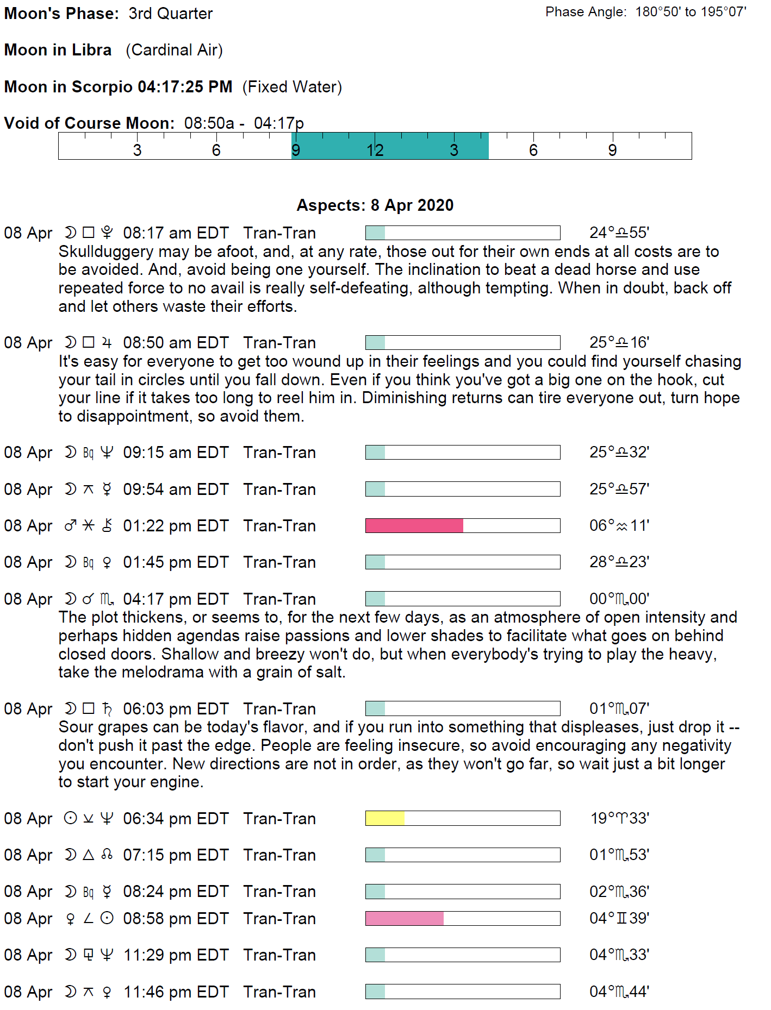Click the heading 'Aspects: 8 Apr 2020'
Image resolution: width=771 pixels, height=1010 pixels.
coord(375,205)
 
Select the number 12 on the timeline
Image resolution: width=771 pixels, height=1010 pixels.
coord(375,150)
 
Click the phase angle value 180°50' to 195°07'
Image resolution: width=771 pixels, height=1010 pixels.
coord(691,12)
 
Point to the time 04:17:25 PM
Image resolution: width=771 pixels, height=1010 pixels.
coord(185,87)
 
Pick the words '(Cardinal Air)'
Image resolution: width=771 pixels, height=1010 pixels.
coord(174,50)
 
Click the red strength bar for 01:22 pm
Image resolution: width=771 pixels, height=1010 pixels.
coord(414,525)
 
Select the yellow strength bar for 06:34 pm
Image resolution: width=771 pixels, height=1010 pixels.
coord(385,818)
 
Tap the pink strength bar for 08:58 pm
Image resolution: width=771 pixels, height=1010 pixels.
coord(405,918)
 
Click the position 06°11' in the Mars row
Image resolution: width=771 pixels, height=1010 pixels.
coord(619,525)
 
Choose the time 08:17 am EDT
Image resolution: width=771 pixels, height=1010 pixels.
coord(176,233)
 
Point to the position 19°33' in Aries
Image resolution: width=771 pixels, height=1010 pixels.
coord(620,818)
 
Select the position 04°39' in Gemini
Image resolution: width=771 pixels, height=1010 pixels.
coord(619,918)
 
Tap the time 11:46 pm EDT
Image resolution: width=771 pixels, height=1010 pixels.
coord(176,992)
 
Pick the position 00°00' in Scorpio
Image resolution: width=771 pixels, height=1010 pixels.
coord(619,599)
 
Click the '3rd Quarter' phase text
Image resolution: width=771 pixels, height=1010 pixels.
coord(170,14)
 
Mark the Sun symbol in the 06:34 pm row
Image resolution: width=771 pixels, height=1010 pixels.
coord(70,818)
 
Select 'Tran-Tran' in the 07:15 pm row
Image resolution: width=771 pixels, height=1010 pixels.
coord(279,855)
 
